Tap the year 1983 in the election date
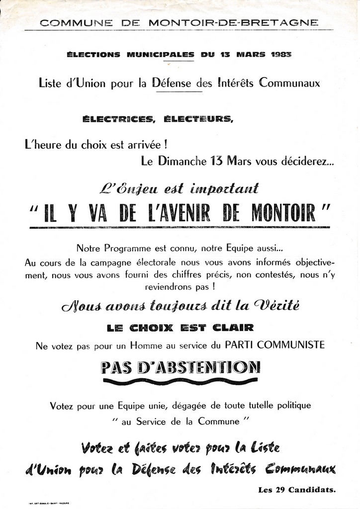point(281,55)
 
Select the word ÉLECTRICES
point(117,118)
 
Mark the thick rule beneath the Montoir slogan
point(180,227)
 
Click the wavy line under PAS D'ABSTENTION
point(180,382)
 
